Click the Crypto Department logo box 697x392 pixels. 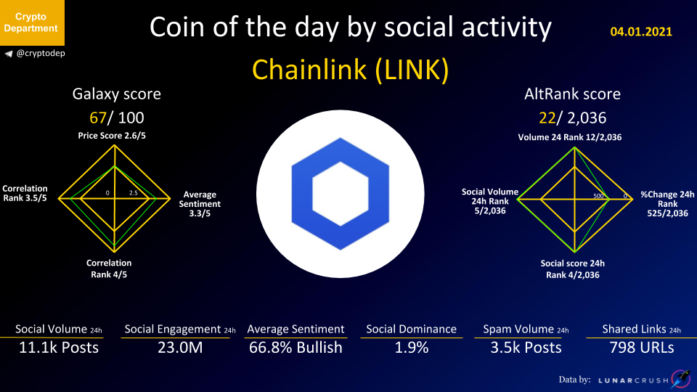(32, 23)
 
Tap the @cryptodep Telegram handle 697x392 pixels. (41, 53)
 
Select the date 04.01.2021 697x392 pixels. (641, 31)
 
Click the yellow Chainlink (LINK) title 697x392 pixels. (350, 70)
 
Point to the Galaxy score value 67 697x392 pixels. (98, 118)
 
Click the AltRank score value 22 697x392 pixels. (547, 118)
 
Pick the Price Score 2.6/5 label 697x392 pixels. (112, 136)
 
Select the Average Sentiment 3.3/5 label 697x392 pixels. (200, 204)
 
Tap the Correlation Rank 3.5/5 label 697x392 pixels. (25, 193)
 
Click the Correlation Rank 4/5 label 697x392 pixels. (109, 269)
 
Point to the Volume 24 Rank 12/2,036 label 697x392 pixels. (570, 137)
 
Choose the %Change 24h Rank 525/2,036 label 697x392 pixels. (667, 204)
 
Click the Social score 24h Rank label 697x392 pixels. (573, 269)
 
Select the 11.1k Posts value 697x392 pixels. (59, 347)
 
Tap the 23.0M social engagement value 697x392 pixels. (180, 347)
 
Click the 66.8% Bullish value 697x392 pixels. (295, 347)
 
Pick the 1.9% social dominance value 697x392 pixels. (412, 347)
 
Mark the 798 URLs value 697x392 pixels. (641, 347)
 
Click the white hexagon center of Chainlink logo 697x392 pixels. (341, 194)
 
